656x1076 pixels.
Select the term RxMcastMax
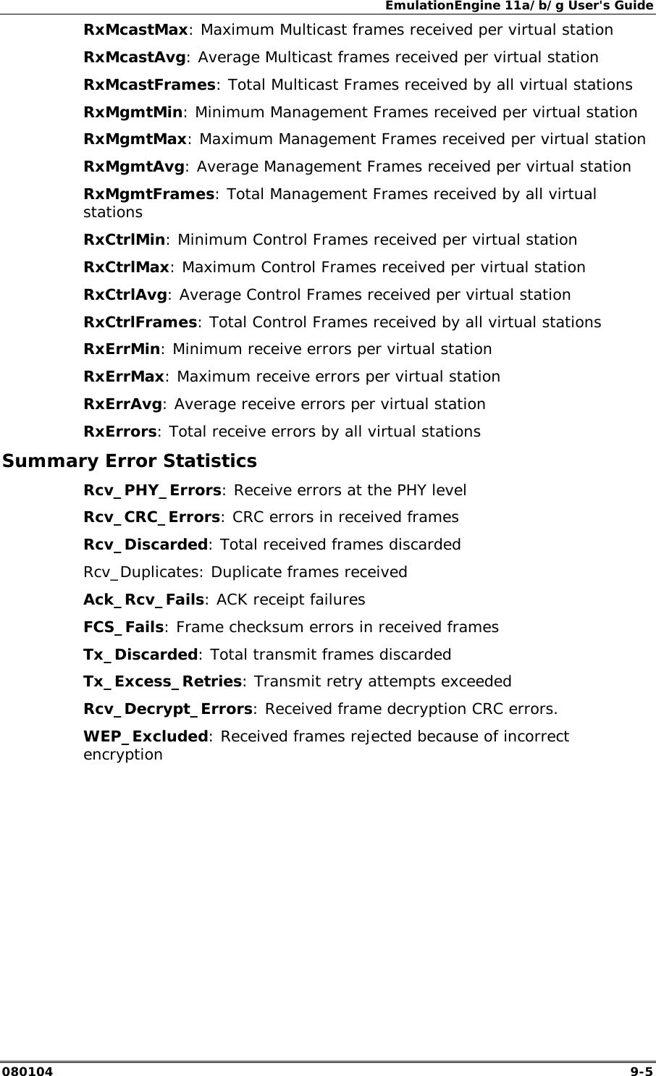(136, 30)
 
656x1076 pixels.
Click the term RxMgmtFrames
(149, 194)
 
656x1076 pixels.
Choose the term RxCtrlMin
(125, 240)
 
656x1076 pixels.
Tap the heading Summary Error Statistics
(130, 461)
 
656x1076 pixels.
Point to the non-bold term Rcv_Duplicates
(143, 572)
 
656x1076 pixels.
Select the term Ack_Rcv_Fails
(145, 600)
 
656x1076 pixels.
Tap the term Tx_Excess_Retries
(163, 681)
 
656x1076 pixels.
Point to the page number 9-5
(641, 1069)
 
